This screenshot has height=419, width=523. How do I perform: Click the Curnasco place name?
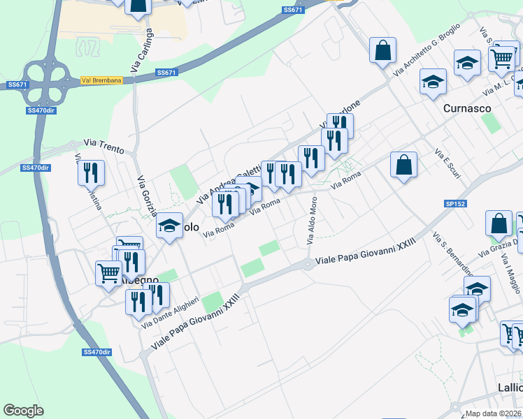coord(467,109)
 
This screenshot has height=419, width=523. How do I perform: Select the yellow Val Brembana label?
coord(101,80)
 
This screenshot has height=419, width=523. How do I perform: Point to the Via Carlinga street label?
coord(141,50)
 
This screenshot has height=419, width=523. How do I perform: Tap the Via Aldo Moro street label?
coord(312,220)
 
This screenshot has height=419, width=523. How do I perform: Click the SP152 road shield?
coord(455,203)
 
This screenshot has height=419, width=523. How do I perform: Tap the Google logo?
coord(23,410)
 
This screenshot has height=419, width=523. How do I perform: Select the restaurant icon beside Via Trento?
coord(91,172)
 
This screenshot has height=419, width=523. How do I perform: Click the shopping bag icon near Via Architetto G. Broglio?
coord(382,51)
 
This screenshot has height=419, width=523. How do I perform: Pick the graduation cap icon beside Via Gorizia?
coord(169,225)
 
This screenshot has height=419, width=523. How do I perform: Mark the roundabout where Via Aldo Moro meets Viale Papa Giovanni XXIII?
coord(308,264)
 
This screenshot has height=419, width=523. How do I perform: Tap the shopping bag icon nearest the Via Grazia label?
coord(499,225)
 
